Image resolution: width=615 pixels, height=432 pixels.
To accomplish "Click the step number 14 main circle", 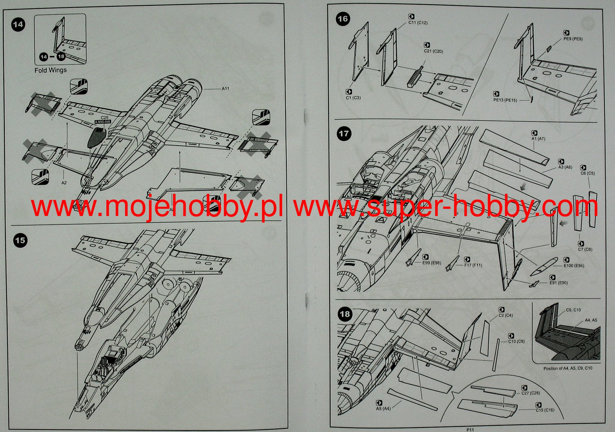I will point(18,24).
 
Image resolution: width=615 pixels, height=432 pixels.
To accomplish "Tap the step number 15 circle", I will point(20,240).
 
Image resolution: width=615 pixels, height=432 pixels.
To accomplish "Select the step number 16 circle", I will point(343,19).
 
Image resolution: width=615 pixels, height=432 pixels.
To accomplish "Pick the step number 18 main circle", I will point(345,314).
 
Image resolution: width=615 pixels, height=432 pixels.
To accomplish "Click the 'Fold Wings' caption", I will point(50,70).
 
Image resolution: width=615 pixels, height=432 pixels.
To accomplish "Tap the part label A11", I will point(226,88).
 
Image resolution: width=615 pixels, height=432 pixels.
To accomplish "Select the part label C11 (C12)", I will point(418,23).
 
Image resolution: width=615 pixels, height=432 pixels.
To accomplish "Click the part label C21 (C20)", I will point(433,51).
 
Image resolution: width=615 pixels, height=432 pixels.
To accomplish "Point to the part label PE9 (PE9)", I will point(573,39).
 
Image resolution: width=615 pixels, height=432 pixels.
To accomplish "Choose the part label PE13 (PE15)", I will point(505,100).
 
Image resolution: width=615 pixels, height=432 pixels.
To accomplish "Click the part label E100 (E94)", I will point(574,265).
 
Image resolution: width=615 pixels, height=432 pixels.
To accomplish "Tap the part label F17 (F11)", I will point(473,265).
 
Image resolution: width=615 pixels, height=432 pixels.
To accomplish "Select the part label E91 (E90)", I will point(559,283).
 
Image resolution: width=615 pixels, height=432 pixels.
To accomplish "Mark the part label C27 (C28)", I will point(531,393).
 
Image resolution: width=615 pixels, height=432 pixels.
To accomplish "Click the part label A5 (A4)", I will point(383,409).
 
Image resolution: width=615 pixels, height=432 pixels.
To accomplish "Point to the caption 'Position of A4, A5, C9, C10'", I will point(568,368).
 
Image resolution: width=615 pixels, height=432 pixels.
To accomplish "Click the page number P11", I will point(470,430).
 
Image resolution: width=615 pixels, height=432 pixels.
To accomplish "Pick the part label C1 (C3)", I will point(353,98).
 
